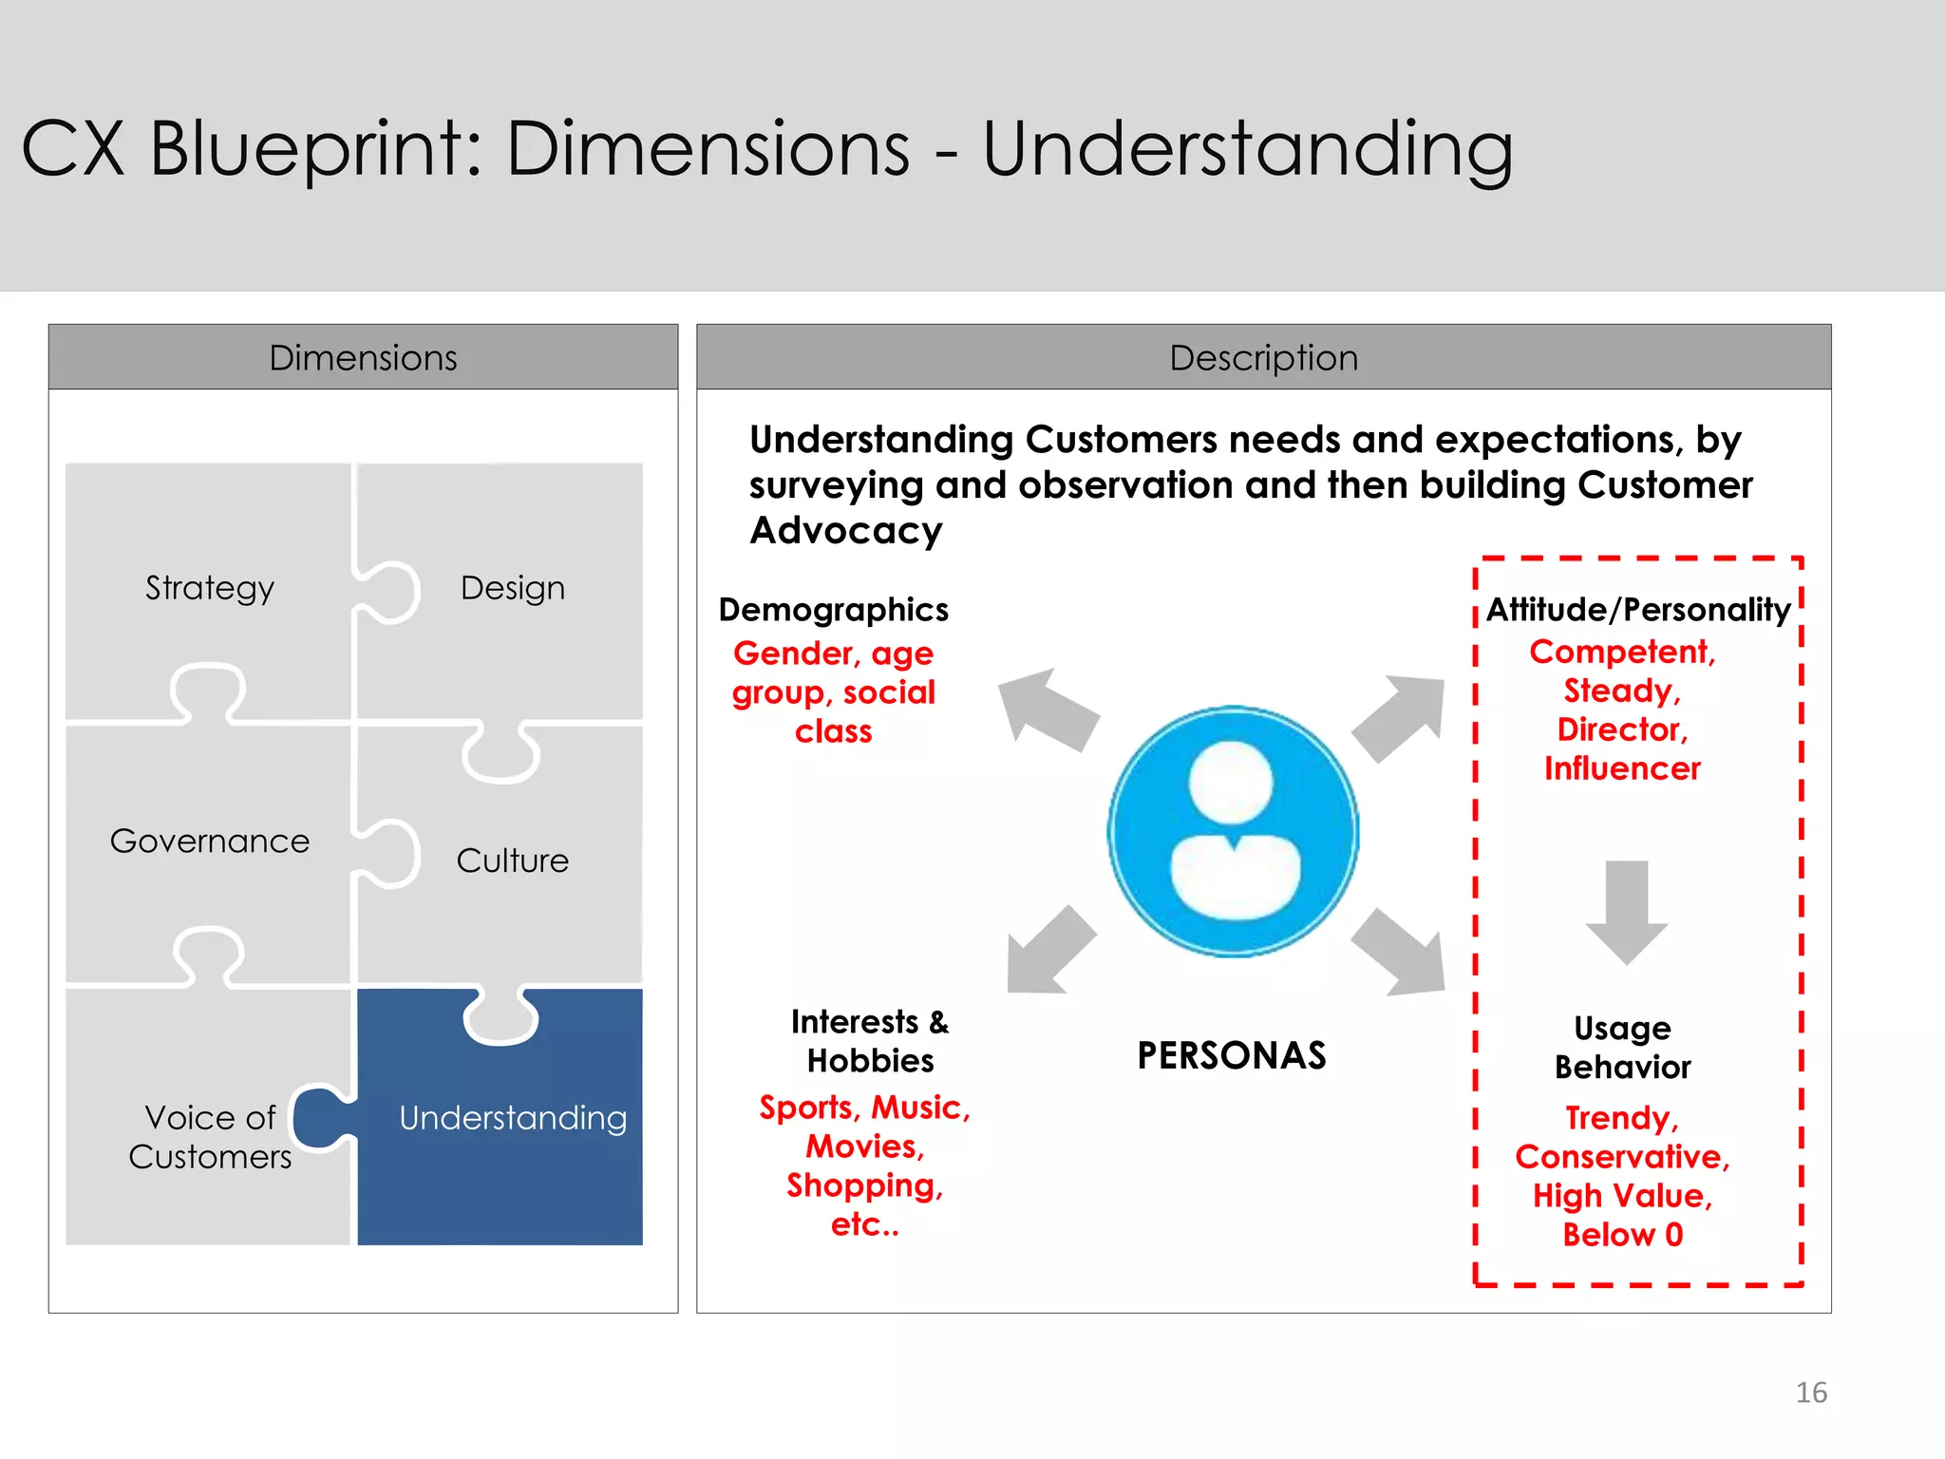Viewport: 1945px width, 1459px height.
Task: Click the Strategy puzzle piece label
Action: click(210, 588)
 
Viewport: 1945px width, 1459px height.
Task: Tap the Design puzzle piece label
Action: click(512, 588)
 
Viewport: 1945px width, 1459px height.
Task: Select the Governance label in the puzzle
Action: click(210, 841)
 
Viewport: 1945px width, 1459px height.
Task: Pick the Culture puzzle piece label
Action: click(512, 861)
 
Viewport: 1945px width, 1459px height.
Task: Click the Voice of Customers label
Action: click(210, 1137)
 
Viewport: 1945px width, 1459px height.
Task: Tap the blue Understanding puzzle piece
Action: click(512, 1118)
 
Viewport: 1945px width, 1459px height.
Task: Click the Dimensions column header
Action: click(363, 357)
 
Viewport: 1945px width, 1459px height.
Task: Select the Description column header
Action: click(1263, 357)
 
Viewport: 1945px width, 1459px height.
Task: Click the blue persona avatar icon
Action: click(1233, 831)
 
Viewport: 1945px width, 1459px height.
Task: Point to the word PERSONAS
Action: click(1232, 1055)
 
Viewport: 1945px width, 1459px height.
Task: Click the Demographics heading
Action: click(833, 609)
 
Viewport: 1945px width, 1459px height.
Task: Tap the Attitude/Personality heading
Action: click(1638, 609)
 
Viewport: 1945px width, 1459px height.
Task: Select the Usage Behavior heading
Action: click(1622, 1047)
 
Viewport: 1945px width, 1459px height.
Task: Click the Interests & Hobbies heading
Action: click(870, 1041)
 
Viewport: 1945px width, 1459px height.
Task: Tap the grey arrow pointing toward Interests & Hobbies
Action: click(1048, 953)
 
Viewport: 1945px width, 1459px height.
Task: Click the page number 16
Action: click(1811, 1393)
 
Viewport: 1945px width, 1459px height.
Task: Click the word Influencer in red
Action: click(1622, 767)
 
